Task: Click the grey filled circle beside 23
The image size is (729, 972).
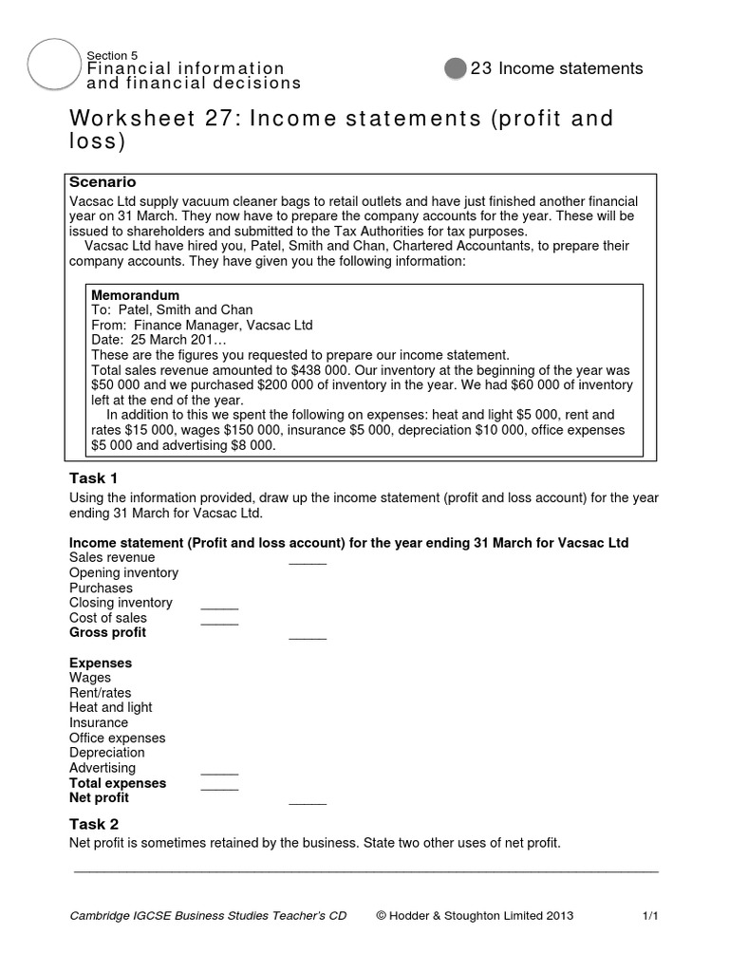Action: coord(456,68)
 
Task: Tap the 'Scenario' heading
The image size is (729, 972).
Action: coord(103,181)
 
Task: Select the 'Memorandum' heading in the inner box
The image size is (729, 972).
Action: coord(135,295)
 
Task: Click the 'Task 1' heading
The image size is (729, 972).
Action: coord(94,477)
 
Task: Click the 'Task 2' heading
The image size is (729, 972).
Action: coord(94,824)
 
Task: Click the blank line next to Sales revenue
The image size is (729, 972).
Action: coord(307,563)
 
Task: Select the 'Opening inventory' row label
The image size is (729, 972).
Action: coord(123,573)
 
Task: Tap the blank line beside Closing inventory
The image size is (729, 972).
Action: coord(219,607)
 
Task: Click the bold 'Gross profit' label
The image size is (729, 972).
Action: coord(108,632)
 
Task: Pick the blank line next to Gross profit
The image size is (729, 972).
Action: coord(307,638)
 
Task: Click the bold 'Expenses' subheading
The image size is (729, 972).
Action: coord(101,663)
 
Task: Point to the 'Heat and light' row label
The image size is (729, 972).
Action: coord(110,707)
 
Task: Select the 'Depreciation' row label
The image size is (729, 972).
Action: coord(107,753)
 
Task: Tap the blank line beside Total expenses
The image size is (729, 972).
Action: coord(219,788)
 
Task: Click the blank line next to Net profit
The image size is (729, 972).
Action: coord(307,803)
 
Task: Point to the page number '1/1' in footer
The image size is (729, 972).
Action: coord(650,916)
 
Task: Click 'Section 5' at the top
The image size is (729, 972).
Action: coord(112,55)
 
